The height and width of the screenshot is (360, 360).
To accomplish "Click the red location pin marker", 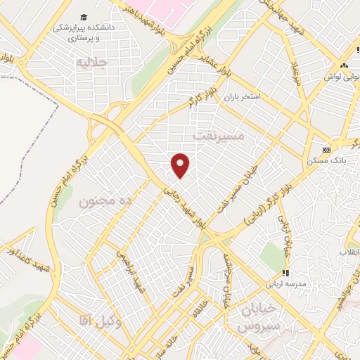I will tap(181, 165).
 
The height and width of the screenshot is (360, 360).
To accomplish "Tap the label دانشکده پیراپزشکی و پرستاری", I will tap(85, 32).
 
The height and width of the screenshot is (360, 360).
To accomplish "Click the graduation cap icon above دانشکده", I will tap(84, 16).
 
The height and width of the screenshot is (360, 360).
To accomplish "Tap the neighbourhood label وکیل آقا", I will tap(97, 321).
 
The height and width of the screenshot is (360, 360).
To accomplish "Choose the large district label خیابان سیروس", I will tap(258, 319).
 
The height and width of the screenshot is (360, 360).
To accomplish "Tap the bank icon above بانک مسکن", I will tap(326, 150).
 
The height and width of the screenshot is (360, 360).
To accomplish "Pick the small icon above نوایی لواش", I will tap(344, 65).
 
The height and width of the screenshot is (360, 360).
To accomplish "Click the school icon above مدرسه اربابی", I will tap(285, 273).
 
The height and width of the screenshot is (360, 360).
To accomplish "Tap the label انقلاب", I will tap(349, 251).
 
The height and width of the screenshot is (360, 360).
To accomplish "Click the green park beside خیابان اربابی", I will tap(271, 257).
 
